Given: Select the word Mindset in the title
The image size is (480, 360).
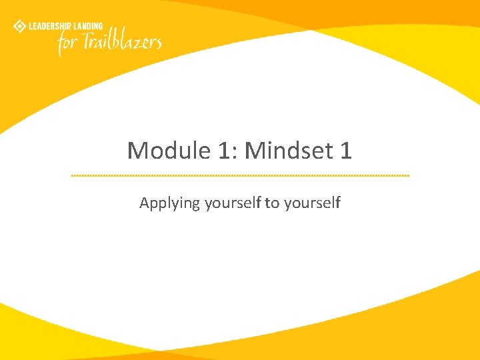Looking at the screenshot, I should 288,151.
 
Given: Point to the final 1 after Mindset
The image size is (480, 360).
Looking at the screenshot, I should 345,151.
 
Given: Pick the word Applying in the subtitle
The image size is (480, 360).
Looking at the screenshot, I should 169,203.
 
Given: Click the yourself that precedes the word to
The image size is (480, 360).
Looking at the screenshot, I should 233,203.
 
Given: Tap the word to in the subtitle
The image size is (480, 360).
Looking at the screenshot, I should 272,203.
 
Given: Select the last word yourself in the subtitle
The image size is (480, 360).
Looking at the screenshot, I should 312,203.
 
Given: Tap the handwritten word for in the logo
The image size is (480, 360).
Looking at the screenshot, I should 67,44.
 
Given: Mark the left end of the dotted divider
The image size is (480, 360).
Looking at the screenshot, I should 72,175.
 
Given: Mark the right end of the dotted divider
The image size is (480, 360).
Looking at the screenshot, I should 409,175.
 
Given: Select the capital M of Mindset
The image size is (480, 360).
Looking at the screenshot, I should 255,151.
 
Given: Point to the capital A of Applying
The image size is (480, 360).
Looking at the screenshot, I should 144,203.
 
